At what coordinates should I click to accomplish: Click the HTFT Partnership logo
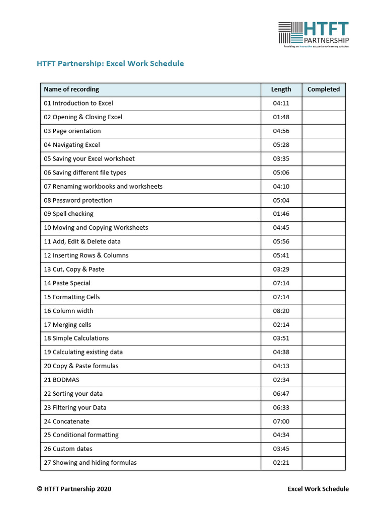point(313,34)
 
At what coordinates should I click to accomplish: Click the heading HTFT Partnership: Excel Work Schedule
point(111,64)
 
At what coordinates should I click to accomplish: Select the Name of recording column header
point(71,90)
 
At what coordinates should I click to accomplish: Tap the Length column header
point(281,90)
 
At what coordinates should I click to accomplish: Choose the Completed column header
point(323,90)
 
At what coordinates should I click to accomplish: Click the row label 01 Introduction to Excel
point(78,103)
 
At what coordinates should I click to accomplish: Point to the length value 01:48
point(281,117)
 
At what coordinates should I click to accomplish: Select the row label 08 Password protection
point(78,200)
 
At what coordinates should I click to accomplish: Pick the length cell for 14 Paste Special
point(281,283)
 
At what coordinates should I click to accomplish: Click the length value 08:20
point(281,311)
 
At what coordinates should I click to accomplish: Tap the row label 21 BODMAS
point(61,380)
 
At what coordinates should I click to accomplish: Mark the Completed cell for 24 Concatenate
point(323,421)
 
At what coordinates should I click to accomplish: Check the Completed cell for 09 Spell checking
point(323,214)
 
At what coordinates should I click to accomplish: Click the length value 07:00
point(281,421)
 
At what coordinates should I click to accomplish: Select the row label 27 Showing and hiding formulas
point(90,463)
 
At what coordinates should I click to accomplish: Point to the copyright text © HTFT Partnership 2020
point(74,489)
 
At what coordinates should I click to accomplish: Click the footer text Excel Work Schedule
point(318,489)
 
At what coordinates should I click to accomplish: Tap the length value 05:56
point(281,241)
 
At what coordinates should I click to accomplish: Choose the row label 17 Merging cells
point(67,325)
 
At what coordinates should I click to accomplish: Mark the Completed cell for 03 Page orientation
point(323,131)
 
